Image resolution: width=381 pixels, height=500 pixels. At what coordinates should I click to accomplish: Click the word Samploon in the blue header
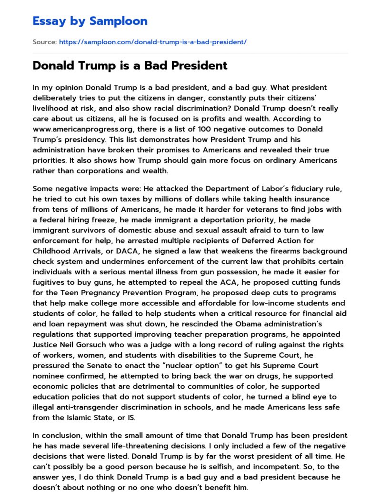[118, 21]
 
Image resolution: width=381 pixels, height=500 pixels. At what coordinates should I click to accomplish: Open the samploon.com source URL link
[152, 42]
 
